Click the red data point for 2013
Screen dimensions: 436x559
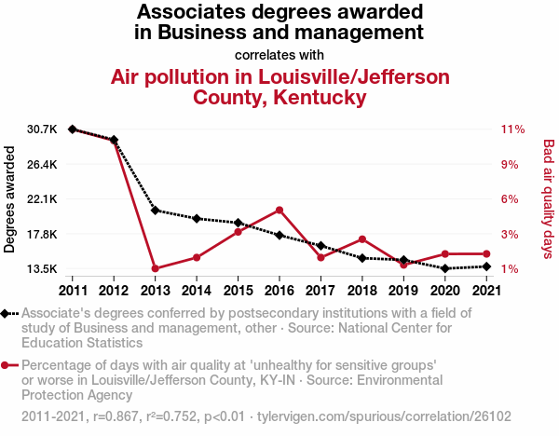155,269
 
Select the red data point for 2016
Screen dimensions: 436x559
279,210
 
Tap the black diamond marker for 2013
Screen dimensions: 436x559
155,211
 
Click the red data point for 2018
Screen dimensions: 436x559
362,239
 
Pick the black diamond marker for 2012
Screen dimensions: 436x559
114,140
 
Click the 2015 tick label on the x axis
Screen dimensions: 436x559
238,289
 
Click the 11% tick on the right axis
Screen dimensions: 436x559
512,129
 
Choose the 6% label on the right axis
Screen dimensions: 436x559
509,199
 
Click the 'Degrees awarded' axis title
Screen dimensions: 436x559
11,201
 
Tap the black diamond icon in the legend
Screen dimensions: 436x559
7,314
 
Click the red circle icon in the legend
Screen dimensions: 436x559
7,366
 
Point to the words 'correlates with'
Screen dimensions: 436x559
279,54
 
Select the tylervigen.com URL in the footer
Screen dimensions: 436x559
385,416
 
